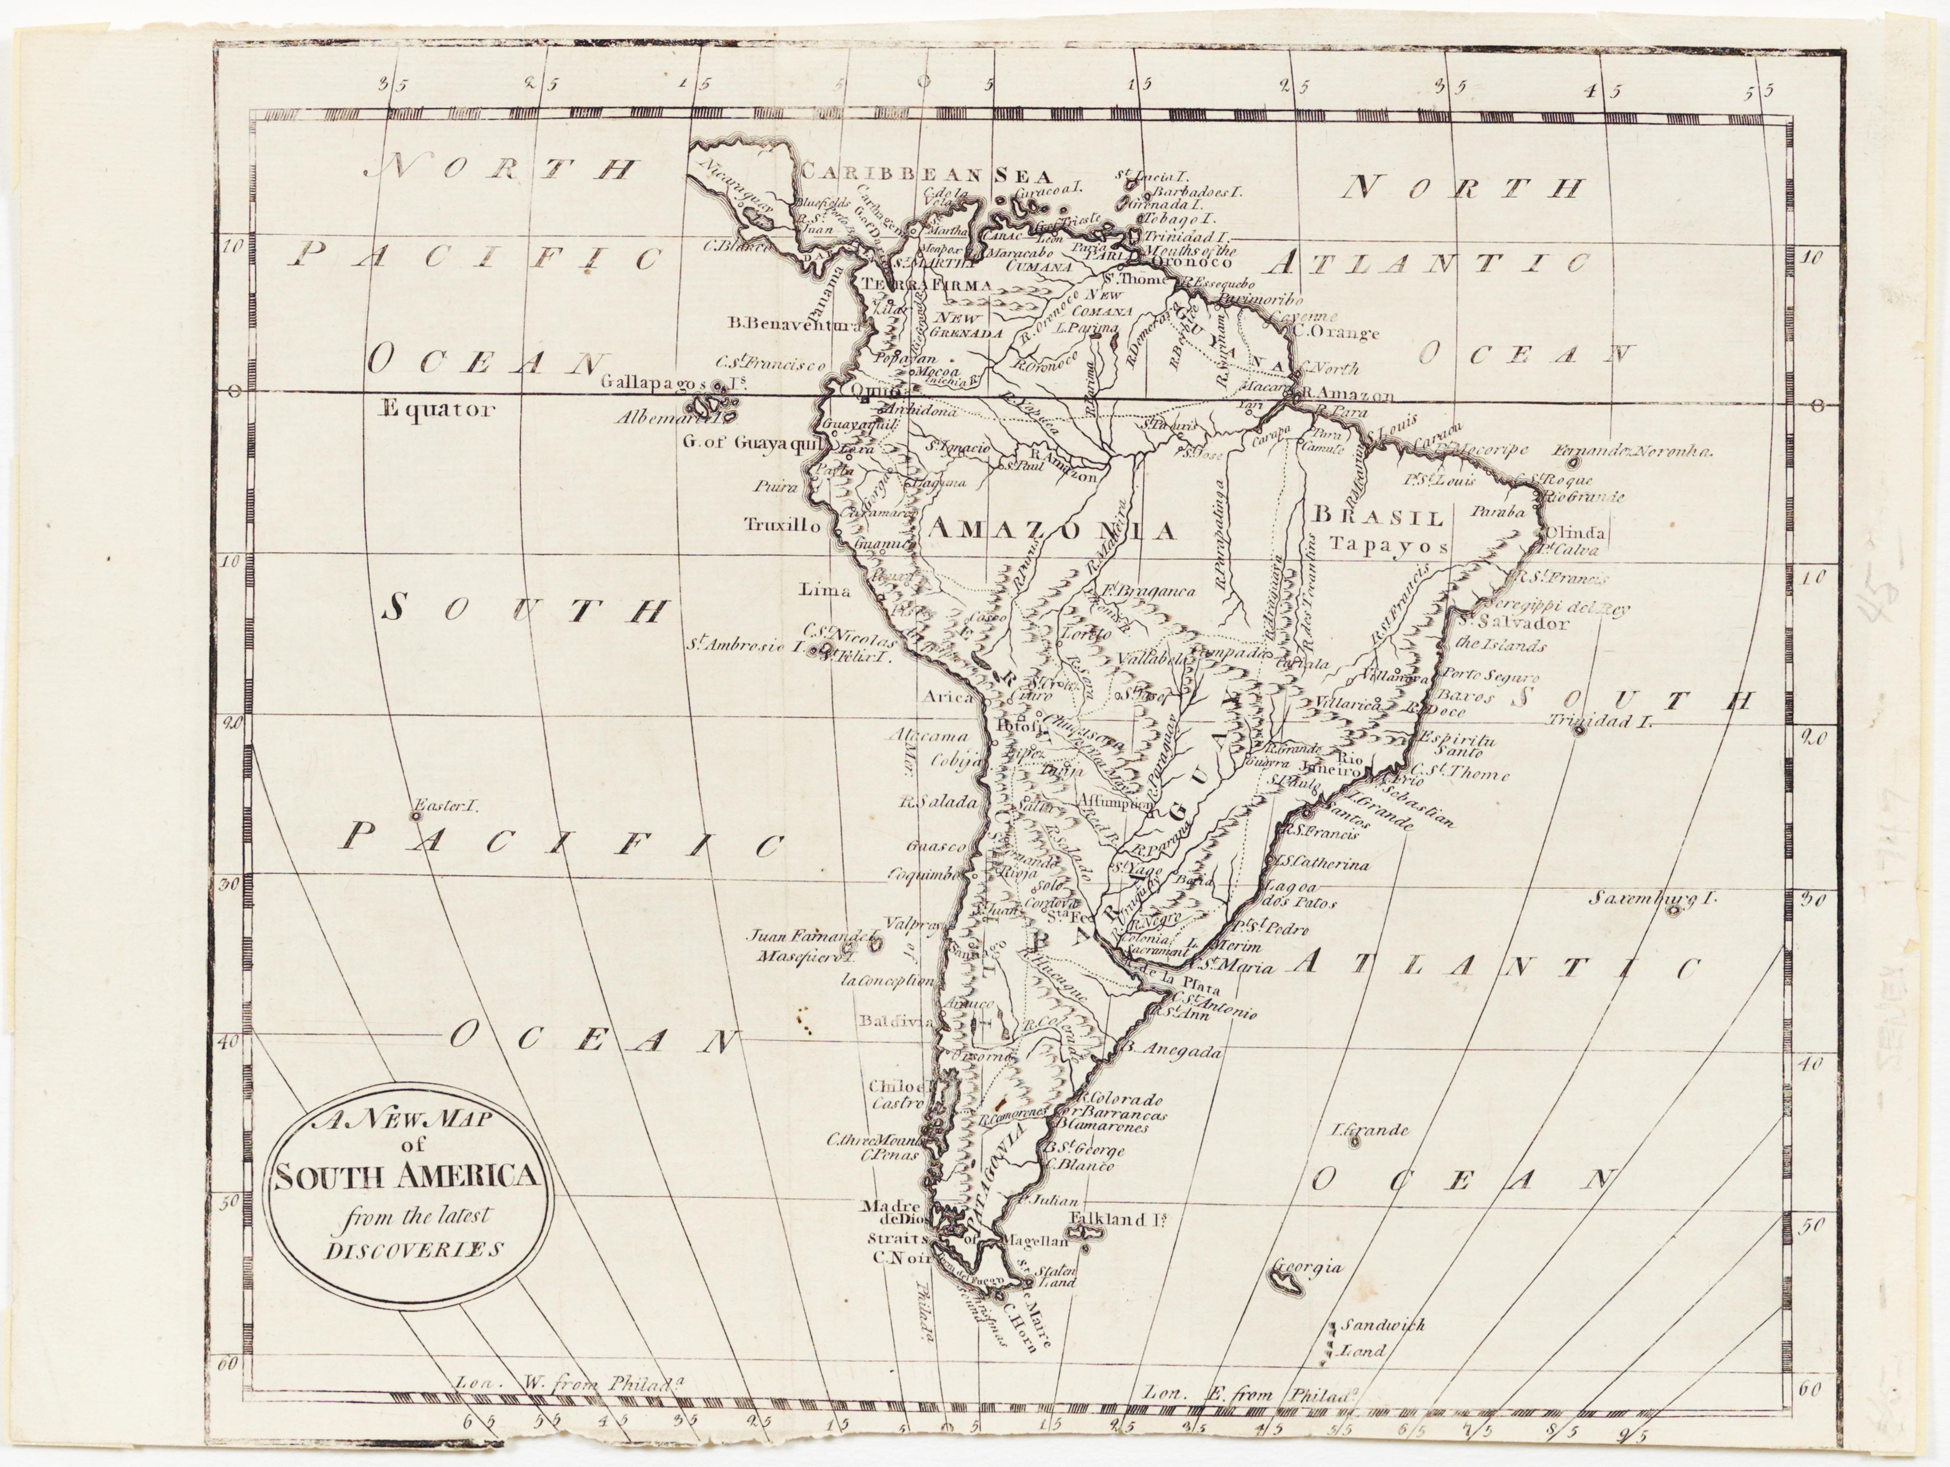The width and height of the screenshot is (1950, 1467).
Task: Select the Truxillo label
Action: coord(782,524)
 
